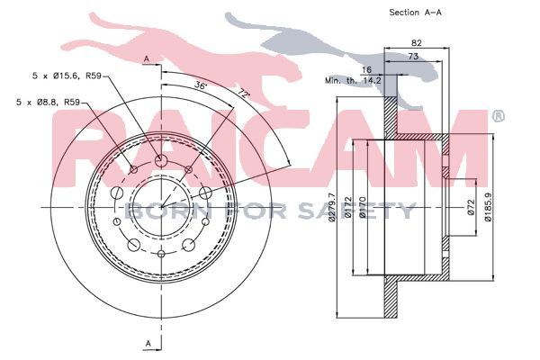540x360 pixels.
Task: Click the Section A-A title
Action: click(x=415, y=13)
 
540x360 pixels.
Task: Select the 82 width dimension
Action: click(x=417, y=43)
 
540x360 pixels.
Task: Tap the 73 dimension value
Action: click(x=413, y=56)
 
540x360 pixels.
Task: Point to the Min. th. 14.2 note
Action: click(x=353, y=81)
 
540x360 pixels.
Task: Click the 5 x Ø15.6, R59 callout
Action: click(x=67, y=76)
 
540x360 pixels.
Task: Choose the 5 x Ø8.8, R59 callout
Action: click(x=48, y=102)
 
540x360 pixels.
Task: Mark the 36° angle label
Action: click(x=200, y=85)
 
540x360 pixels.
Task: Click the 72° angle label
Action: click(x=243, y=94)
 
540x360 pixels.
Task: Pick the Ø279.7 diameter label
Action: click(x=332, y=207)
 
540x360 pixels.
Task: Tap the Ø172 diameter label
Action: click(x=348, y=207)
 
